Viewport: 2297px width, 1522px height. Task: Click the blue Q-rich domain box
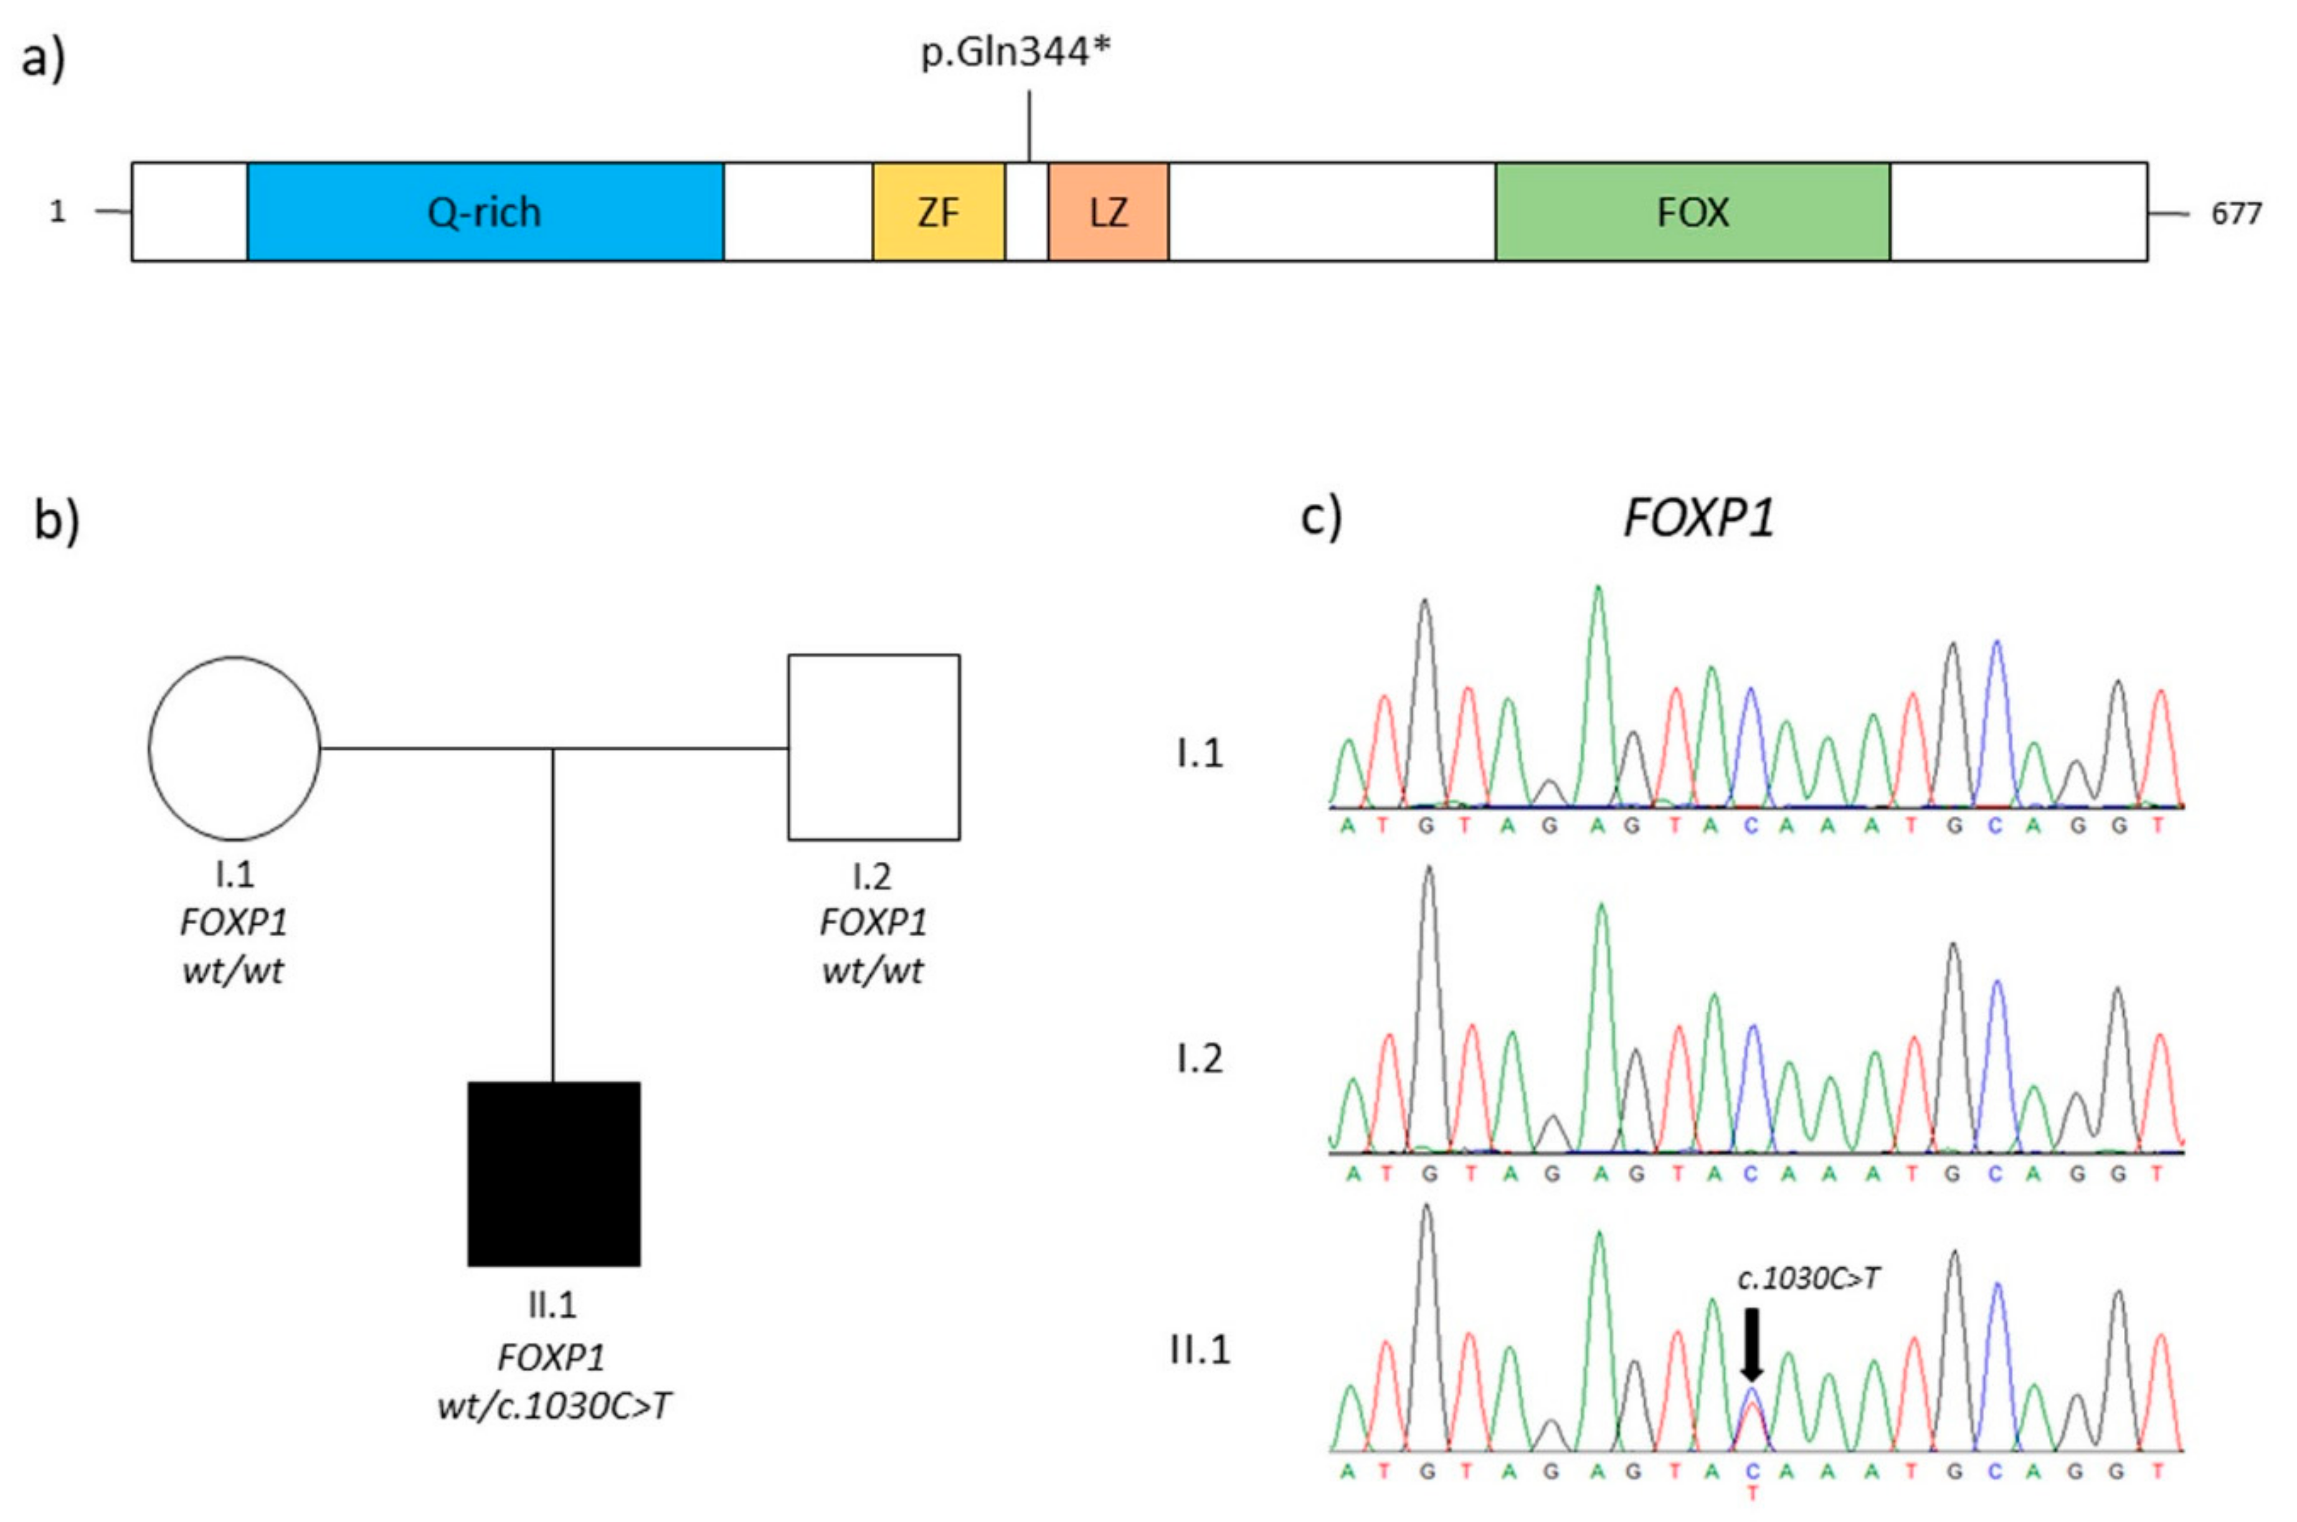coord(485,212)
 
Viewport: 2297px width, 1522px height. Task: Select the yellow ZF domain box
coord(938,212)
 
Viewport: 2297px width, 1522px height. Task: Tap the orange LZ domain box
coord(1108,212)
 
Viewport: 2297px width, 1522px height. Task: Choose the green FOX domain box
coord(1692,212)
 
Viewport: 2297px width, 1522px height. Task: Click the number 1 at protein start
coord(59,210)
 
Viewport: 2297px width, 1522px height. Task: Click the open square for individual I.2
coord(874,747)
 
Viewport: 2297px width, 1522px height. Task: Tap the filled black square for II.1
coord(553,1173)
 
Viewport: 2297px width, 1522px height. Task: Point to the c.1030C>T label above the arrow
coord(1807,1279)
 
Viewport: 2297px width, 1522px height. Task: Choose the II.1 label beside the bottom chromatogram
coord(1200,1350)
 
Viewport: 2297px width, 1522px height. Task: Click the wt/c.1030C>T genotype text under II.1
coord(553,1406)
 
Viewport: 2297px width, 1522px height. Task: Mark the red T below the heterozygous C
coord(1751,1494)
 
